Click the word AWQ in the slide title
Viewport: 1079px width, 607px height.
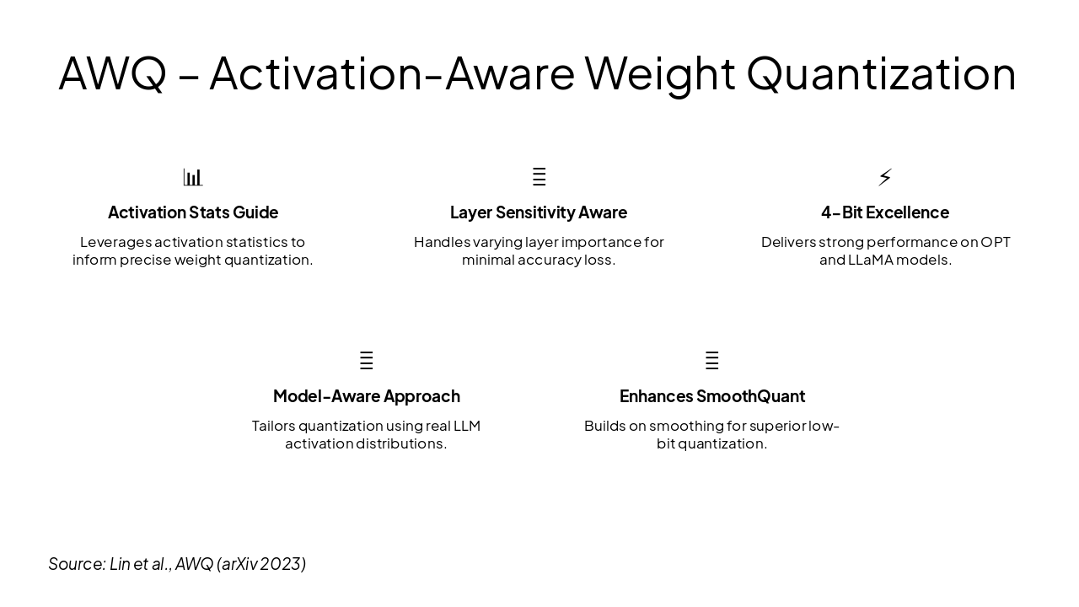pyautogui.click(x=112, y=73)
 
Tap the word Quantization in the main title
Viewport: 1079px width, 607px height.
pyautogui.click(x=881, y=73)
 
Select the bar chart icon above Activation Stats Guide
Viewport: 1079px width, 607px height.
pyautogui.click(x=193, y=177)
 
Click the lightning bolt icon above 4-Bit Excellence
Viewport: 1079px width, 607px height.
pyautogui.click(x=885, y=177)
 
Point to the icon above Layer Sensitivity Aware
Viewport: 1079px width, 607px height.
pyautogui.click(x=539, y=177)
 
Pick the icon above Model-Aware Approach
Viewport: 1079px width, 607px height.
pyautogui.click(x=366, y=361)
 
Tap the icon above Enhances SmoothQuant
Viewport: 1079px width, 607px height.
pyautogui.click(x=711, y=361)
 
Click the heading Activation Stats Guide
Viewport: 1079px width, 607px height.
pyautogui.click(x=193, y=212)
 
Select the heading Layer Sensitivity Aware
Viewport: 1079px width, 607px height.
pyautogui.click(x=539, y=212)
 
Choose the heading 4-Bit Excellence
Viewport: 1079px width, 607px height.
pyautogui.click(x=885, y=212)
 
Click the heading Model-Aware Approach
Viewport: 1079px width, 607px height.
pyautogui.click(x=366, y=396)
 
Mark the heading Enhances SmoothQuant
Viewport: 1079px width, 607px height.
pyautogui.click(x=711, y=396)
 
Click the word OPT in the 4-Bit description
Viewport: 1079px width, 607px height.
pyautogui.click(x=995, y=243)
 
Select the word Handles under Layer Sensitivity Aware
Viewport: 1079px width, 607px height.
pyautogui.click(x=442, y=243)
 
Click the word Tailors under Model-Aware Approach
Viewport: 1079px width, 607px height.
pyautogui.click(x=273, y=427)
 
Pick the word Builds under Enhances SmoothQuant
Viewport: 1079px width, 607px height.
pyautogui.click(x=604, y=427)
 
